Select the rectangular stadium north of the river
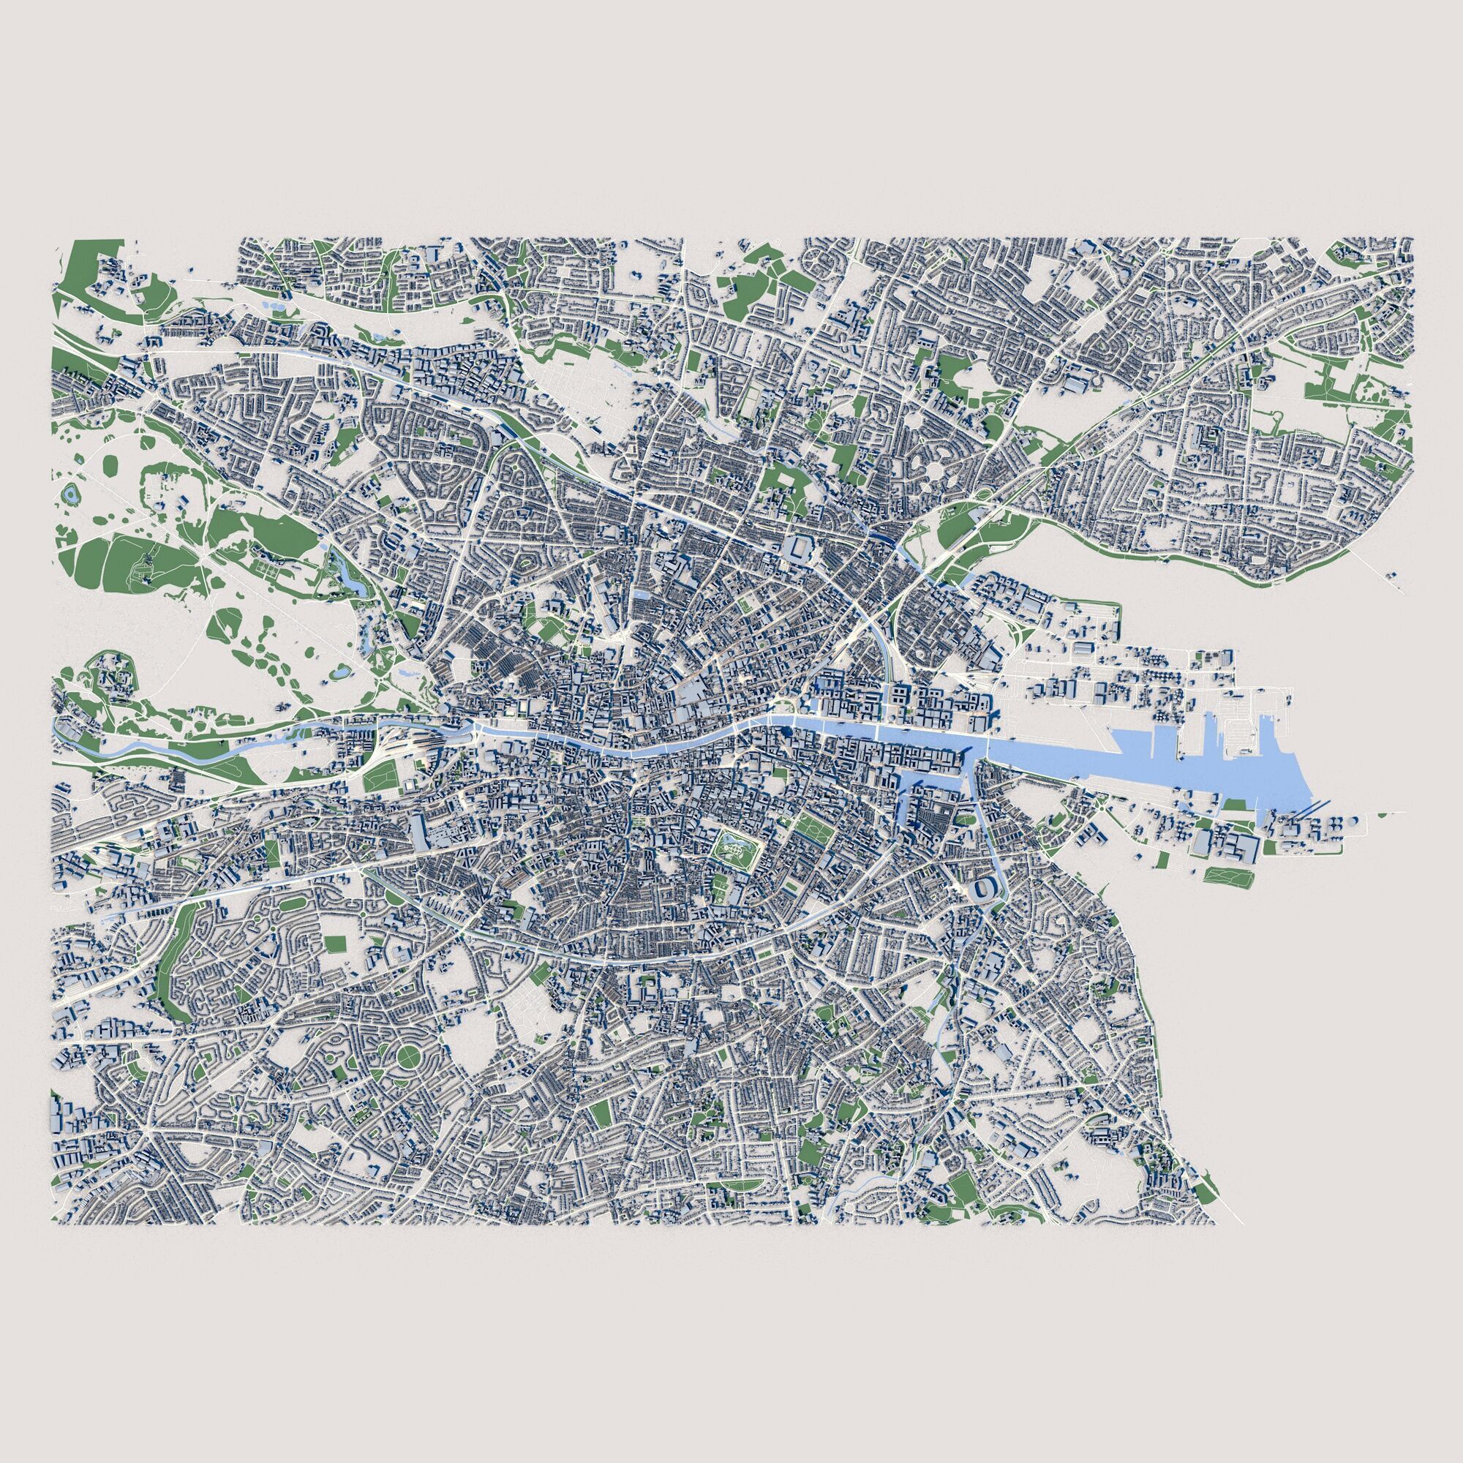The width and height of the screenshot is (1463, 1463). (800, 547)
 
